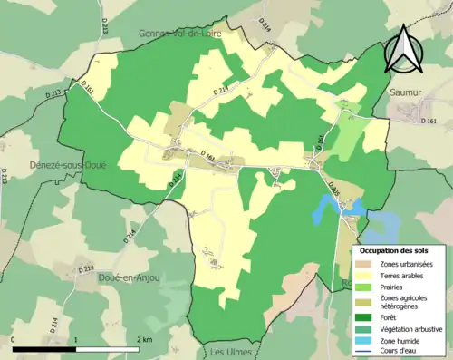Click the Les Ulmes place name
(x=229, y=352)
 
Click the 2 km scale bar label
(x=143, y=339)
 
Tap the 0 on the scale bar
(x=14, y=339)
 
